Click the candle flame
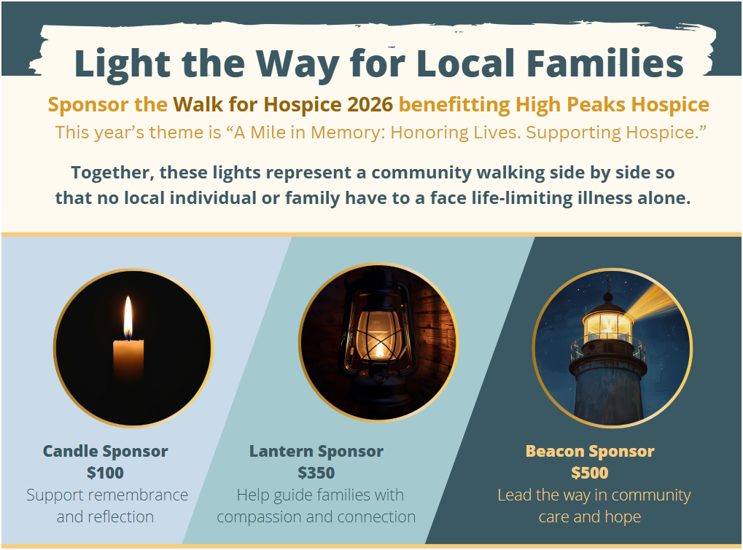tap(128, 318)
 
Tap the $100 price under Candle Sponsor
tap(105, 473)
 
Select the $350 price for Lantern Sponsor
tap(316, 473)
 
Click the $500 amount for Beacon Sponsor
tap(589, 473)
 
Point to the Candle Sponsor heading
tap(105, 451)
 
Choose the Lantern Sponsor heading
tap(316, 451)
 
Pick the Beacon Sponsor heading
tap(589, 451)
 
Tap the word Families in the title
tap(605, 63)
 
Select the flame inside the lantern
tap(379, 350)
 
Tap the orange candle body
tap(128, 359)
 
